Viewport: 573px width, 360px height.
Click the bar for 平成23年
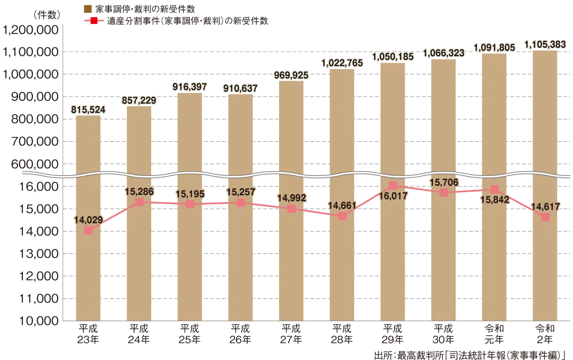tap(88, 218)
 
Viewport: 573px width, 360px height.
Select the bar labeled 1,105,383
tap(545, 185)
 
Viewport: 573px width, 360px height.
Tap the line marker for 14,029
tap(88, 230)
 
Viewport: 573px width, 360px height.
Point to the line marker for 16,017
tap(393, 185)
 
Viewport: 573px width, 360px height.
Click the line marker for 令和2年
tap(545, 217)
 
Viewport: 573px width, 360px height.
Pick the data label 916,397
tap(189, 87)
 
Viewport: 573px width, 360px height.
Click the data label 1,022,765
tap(342, 63)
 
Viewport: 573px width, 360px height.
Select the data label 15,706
tap(444, 182)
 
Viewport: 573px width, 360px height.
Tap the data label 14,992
tap(291, 198)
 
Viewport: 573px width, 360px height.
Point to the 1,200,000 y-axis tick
tap(31, 30)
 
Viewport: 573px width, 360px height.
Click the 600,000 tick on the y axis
tap(34, 164)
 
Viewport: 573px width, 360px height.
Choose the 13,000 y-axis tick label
tap(39, 253)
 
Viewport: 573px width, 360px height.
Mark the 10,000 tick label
tap(39, 321)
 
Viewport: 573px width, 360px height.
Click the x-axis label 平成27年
tap(291, 334)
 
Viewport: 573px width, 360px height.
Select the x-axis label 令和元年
tap(494, 334)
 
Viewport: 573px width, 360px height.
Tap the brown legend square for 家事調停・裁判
tap(88, 9)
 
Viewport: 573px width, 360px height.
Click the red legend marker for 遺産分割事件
tap(94, 21)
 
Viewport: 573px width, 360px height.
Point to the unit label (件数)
tap(47, 15)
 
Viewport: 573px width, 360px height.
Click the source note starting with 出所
tap(470, 355)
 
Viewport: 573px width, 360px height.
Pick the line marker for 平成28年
tap(342, 216)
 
